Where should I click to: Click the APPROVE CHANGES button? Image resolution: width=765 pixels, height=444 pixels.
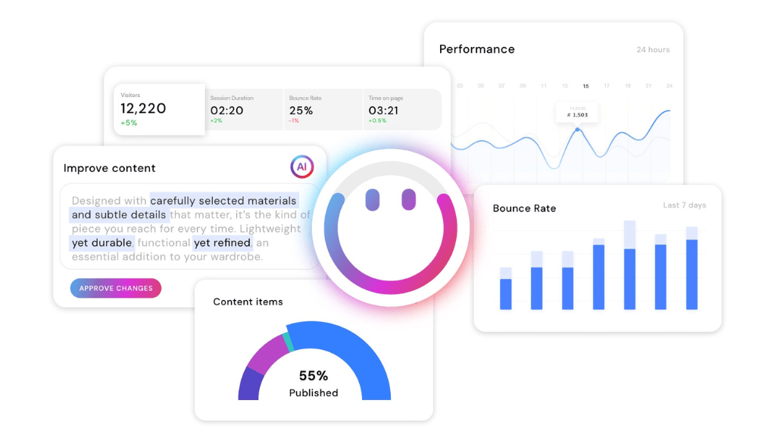(116, 288)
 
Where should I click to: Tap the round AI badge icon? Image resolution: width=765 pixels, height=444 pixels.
(301, 167)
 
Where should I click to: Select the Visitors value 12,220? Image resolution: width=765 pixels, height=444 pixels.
(143, 108)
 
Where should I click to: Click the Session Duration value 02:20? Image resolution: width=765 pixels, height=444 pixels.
(226, 110)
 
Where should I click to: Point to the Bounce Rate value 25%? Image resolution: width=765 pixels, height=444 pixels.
(301, 110)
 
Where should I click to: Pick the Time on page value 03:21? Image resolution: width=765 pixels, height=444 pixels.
(383, 110)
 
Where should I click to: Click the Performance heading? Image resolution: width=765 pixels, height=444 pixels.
(477, 49)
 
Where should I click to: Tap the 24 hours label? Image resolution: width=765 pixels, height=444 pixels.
(653, 50)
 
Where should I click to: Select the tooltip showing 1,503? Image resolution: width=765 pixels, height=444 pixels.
(577, 114)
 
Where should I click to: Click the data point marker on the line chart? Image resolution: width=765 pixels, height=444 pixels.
(578, 130)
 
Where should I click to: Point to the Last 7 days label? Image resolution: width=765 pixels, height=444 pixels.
(684, 205)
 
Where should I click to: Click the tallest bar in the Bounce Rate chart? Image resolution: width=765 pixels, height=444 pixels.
(629, 265)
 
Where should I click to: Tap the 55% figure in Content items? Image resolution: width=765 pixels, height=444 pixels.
(314, 376)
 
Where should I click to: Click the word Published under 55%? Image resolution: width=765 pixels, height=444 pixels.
(314, 392)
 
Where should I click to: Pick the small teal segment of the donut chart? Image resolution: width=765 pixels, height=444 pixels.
(287, 342)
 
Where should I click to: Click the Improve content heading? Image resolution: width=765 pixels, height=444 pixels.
(110, 168)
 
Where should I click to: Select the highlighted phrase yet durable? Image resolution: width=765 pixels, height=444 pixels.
(102, 243)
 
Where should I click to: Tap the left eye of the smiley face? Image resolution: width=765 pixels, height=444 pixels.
(372, 199)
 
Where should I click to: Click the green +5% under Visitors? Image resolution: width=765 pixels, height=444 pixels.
(129, 123)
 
